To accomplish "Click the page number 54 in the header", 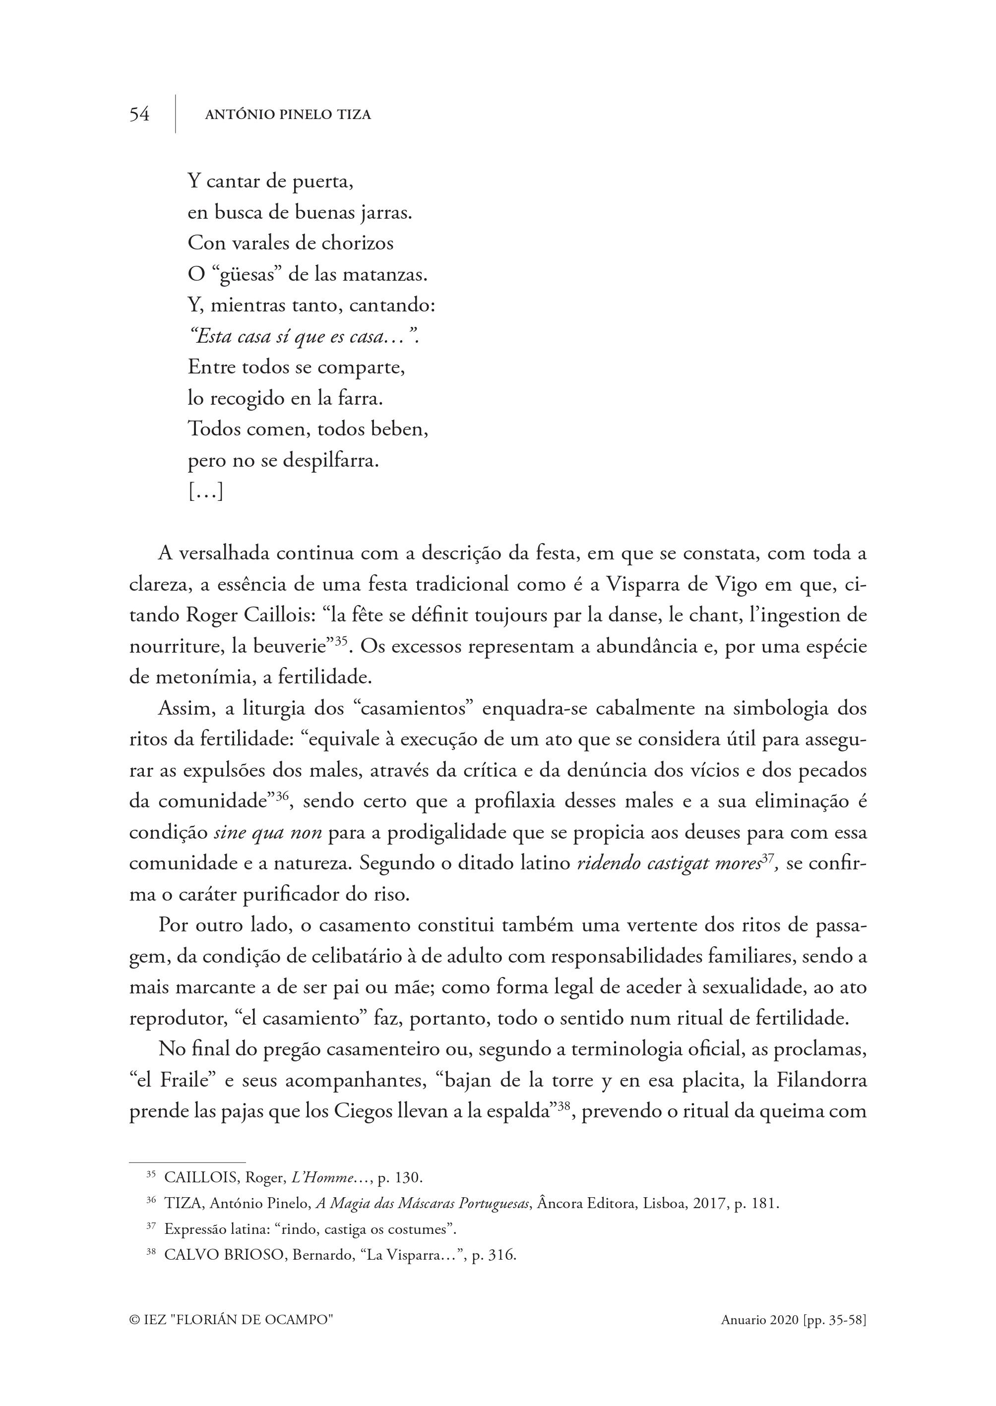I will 139,115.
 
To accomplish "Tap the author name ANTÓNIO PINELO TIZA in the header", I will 288,115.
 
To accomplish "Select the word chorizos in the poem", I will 362,244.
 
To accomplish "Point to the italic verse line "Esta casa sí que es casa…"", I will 304,337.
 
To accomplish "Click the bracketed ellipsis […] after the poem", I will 205,491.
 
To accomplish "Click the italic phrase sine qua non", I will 268,833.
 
